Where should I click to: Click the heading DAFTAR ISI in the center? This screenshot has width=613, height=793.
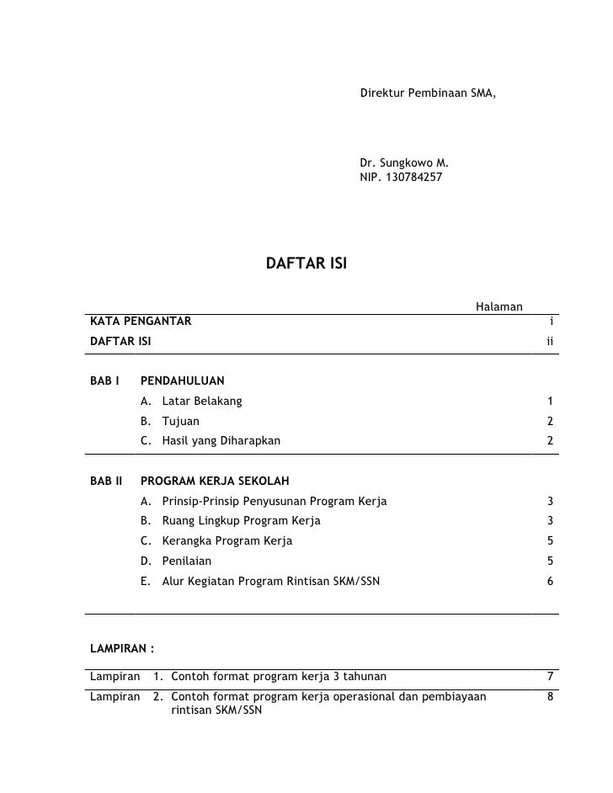[306, 264]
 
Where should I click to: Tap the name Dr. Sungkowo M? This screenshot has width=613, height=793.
[404, 162]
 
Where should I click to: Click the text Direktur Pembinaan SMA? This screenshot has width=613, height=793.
[428, 90]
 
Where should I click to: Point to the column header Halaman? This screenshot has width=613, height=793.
[500, 306]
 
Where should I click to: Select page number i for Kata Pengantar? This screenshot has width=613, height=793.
[550, 321]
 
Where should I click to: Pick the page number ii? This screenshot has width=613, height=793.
[549, 341]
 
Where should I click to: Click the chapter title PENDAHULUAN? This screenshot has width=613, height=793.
[182, 381]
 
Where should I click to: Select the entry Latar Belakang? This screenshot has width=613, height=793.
[202, 401]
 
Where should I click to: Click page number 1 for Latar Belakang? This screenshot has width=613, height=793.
[549, 401]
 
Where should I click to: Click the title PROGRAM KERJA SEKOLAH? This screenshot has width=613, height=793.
[215, 482]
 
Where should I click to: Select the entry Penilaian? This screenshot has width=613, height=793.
[187, 561]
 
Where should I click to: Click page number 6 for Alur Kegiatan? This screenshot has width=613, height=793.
[549, 581]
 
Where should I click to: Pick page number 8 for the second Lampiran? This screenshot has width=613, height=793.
[549, 696]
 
